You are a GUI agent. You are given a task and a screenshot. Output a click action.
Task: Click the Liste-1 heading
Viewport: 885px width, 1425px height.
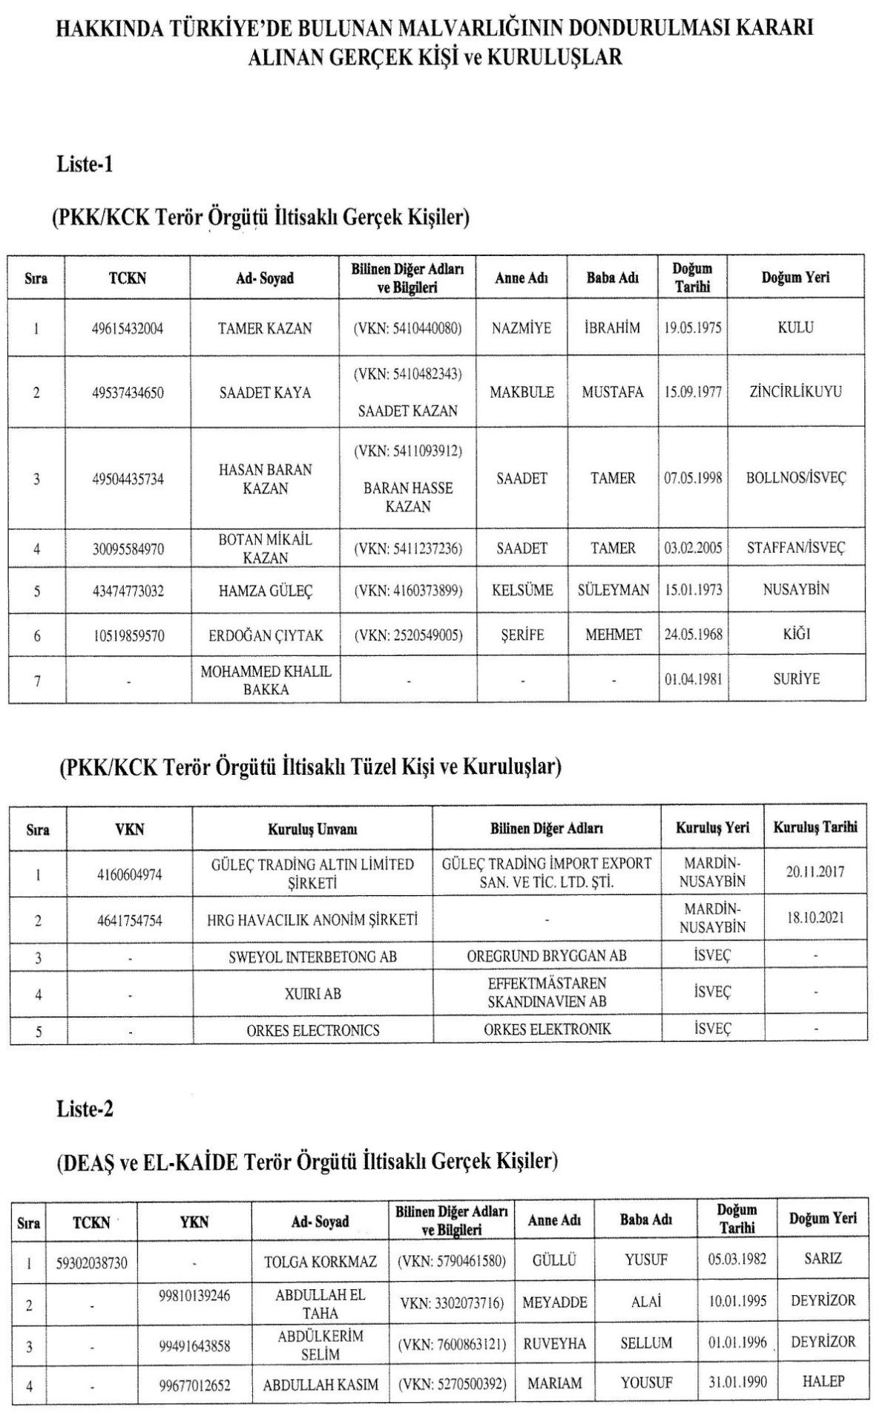coord(85,164)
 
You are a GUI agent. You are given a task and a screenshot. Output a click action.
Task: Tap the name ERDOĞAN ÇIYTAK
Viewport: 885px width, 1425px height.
coord(266,635)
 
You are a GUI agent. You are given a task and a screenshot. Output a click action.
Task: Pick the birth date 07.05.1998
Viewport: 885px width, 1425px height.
coord(692,478)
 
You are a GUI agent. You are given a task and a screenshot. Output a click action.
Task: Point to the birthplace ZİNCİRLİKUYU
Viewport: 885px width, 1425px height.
coord(795,392)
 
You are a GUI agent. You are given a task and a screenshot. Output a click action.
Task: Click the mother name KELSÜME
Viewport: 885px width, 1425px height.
coord(522,591)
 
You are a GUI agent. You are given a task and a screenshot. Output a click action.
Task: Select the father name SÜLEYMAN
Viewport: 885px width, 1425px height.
coord(613,591)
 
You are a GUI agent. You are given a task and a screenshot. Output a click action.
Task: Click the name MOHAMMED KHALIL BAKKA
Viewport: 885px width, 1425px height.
coord(266,680)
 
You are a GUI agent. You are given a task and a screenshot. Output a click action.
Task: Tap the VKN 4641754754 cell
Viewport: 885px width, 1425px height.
coord(129,920)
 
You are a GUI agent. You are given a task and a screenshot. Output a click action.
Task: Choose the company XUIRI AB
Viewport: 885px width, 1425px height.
coord(312,993)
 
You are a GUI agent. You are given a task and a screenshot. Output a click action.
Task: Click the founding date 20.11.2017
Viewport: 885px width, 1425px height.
coord(815,874)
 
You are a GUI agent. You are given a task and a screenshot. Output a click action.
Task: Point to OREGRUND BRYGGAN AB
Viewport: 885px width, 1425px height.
coord(547,956)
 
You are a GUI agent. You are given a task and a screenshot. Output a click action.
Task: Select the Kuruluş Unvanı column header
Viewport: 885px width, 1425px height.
coord(312,829)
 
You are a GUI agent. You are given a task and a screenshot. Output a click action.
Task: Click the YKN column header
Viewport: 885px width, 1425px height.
coord(194,1222)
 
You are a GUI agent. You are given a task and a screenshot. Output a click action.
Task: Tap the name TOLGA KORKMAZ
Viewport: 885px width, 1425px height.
coord(320,1262)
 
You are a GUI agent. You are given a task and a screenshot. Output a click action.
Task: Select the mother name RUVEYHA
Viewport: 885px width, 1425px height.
coord(554,1343)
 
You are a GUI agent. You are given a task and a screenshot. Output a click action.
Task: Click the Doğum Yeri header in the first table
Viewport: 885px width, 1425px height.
coord(795,278)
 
